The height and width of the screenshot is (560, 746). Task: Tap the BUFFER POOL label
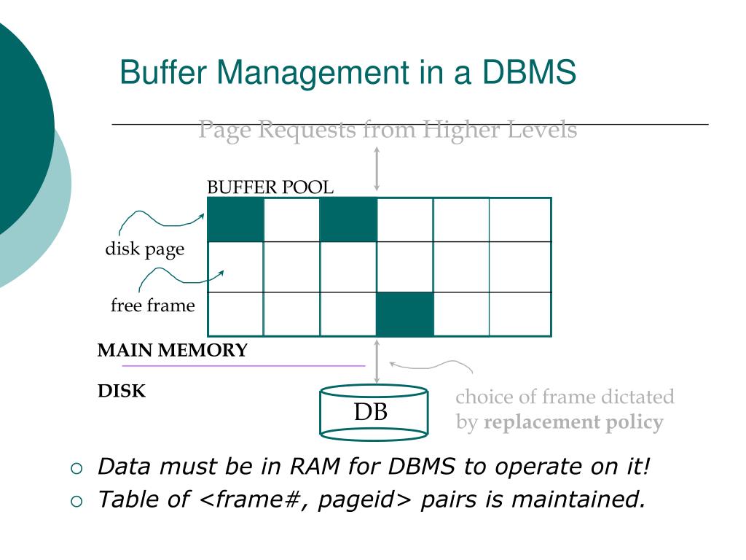click(x=270, y=187)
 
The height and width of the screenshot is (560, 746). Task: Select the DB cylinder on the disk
click(x=374, y=413)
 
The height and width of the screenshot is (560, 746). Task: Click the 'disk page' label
click(x=145, y=249)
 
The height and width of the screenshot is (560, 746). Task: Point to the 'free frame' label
click(x=153, y=306)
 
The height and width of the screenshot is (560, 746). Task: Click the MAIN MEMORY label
click(x=173, y=350)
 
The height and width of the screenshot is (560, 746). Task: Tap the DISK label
click(x=122, y=392)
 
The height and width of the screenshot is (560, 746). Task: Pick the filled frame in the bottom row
click(x=405, y=314)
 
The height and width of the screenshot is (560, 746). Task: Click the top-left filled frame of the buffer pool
click(x=235, y=219)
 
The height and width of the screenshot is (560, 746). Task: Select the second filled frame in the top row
click(x=348, y=219)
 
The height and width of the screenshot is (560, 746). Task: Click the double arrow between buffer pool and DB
click(x=377, y=361)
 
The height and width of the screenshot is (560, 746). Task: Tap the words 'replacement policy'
click(x=573, y=422)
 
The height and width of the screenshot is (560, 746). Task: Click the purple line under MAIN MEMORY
click(x=243, y=365)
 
